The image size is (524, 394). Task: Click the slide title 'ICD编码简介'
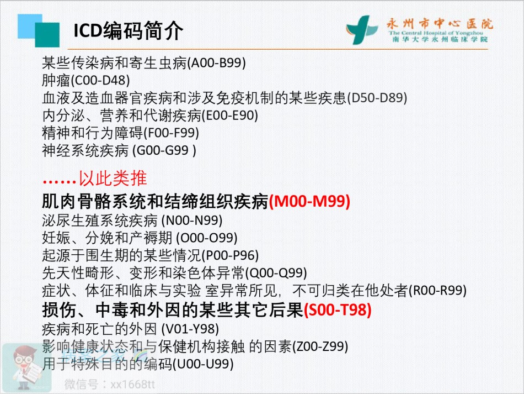click(x=129, y=30)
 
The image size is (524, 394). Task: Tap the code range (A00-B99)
click(x=217, y=62)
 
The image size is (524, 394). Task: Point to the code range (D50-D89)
click(x=377, y=98)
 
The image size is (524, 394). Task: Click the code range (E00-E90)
click(x=229, y=115)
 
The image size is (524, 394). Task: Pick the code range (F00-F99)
click(x=171, y=133)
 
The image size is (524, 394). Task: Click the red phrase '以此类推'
click(x=113, y=178)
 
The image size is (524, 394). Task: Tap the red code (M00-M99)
click(x=309, y=201)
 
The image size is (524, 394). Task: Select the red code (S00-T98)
click(x=338, y=309)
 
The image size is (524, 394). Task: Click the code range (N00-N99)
click(x=192, y=220)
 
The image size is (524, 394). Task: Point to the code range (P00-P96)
click(x=230, y=255)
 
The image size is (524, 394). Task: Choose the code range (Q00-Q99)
click(x=276, y=273)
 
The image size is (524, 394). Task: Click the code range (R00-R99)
click(x=437, y=290)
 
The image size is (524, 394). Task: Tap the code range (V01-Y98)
click(x=190, y=329)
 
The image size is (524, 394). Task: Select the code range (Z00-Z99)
click(x=320, y=346)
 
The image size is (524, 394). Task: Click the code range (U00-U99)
click(x=203, y=364)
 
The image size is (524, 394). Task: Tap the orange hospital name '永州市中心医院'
click(x=440, y=24)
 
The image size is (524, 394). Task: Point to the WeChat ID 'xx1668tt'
click(x=133, y=384)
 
